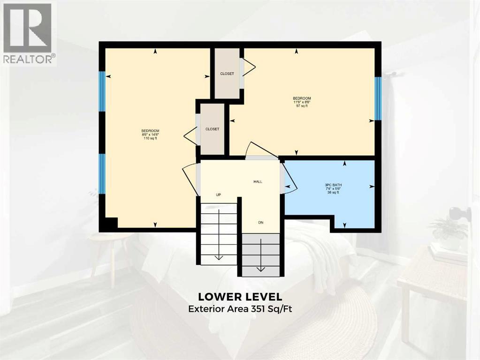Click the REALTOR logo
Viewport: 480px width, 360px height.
pyautogui.click(x=28, y=32)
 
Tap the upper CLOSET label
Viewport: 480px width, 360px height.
pyautogui.click(x=227, y=74)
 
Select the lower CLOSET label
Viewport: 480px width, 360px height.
pyautogui.click(x=212, y=129)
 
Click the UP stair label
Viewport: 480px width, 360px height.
pyautogui.click(x=218, y=195)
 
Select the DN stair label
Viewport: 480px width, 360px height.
pyautogui.click(x=260, y=222)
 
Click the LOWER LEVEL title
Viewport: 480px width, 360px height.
pyautogui.click(x=240, y=297)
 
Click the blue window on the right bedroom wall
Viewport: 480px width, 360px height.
pyautogui.click(x=378, y=98)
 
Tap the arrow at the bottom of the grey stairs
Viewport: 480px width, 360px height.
pyautogui.click(x=260, y=269)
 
